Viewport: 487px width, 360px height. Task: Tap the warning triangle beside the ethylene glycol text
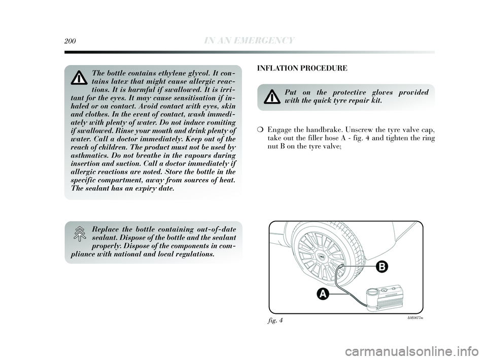[79, 78]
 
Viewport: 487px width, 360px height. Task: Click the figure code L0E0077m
[415, 318]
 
